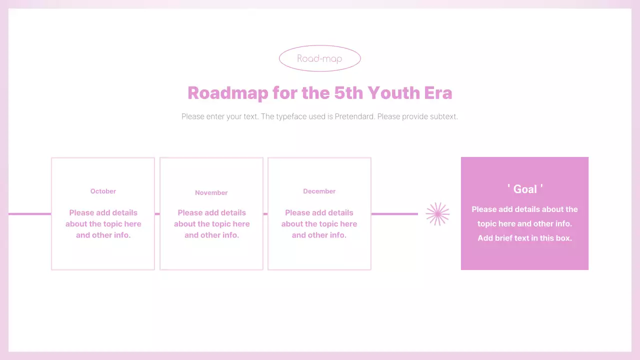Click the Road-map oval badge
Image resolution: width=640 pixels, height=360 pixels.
pyautogui.click(x=319, y=58)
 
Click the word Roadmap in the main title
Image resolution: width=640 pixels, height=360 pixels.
pyautogui.click(x=227, y=93)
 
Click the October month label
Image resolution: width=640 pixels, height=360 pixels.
pyautogui.click(x=103, y=191)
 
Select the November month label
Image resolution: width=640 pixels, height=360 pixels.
pyautogui.click(x=211, y=192)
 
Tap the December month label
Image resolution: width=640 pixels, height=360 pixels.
pyautogui.click(x=319, y=191)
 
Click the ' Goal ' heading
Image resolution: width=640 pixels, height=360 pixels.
pyautogui.click(x=525, y=189)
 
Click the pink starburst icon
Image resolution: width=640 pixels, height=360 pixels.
pyautogui.click(x=437, y=214)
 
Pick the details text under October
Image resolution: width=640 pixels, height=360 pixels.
pyautogui.click(x=103, y=224)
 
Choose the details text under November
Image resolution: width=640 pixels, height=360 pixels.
pyautogui.click(x=212, y=224)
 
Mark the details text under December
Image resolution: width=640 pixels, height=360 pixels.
pyautogui.click(x=319, y=224)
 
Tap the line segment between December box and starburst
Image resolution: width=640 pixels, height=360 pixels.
pyautogui.click(x=394, y=214)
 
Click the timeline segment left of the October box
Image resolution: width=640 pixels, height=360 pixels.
pyautogui.click(x=30, y=214)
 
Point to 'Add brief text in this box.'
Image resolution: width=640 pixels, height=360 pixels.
pyautogui.click(x=524, y=238)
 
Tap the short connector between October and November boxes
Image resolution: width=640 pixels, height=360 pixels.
pyautogui.click(x=157, y=214)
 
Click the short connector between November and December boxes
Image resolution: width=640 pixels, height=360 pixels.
pyautogui.click(x=265, y=214)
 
